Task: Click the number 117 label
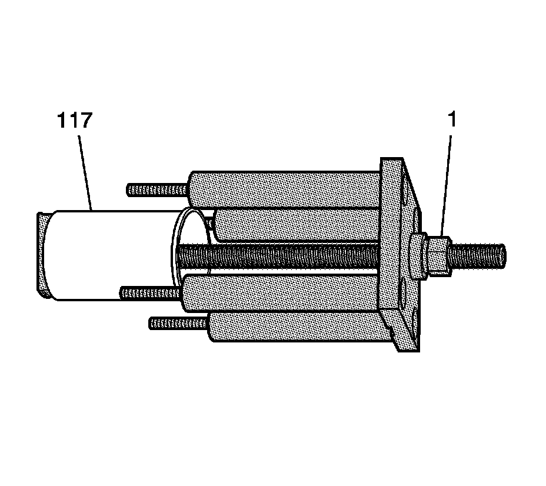[75, 122]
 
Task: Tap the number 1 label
[451, 119]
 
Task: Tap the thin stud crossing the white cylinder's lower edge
[150, 291]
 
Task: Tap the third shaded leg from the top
[282, 292]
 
